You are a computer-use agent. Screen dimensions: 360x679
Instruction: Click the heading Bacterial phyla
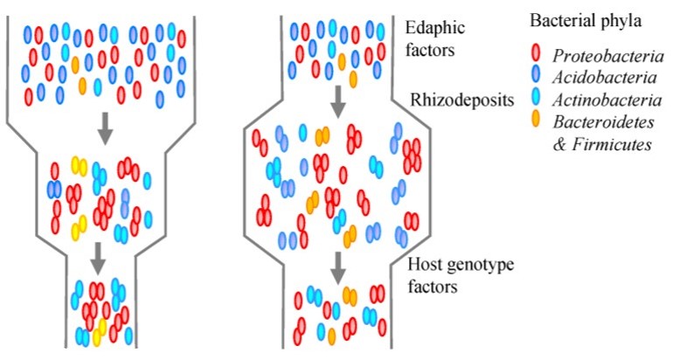point(580,18)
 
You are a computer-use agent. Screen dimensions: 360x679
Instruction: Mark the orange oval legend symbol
point(536,125)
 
